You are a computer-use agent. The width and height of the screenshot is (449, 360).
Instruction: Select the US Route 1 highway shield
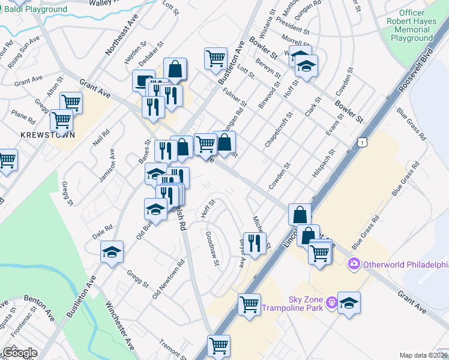[x=361, y=142]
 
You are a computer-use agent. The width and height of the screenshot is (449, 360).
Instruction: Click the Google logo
[x=20, y=353]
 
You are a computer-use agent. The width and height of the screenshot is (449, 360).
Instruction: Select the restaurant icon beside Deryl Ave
[x=255, y=243]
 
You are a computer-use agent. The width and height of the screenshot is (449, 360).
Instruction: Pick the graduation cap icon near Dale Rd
[x=111, y=252]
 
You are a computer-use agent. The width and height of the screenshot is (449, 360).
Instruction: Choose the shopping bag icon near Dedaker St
[x=175, y=69]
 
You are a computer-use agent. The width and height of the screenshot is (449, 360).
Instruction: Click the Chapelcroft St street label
[x=278, y=130]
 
